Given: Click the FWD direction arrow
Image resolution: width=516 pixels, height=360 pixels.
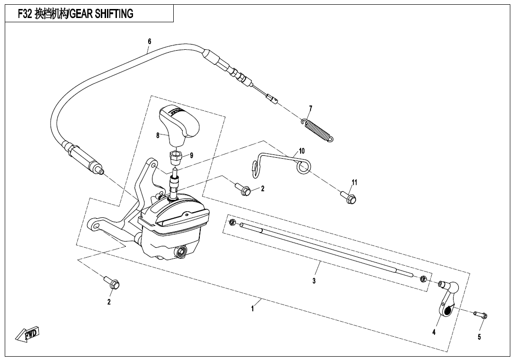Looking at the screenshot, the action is [x=27, y=334].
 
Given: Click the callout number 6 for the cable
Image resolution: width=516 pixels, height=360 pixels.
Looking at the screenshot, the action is [x=150, y=42].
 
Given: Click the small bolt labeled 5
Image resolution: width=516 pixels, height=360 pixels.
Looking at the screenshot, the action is [x=481, y=315].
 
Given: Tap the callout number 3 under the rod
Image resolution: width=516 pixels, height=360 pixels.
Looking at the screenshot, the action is [x=314, y=281].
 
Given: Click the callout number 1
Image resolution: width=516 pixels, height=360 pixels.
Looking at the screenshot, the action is [x=252, y=309].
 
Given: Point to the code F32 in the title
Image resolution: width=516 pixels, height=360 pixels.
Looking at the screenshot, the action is [x=25, y=14].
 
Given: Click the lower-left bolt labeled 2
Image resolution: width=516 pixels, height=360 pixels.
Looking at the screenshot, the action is [x=112, y=282].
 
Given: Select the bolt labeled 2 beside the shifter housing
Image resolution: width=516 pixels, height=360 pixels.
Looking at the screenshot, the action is [x=243, y=189].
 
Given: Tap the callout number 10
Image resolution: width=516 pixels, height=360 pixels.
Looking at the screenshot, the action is [x=302, y=151].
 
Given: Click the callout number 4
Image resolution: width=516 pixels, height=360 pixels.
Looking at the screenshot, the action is [x=434, y=333].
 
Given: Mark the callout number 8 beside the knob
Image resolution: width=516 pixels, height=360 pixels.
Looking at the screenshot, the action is [x=158, y=135].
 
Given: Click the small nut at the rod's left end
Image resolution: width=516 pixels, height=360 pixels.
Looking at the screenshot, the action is [x=231, y=222].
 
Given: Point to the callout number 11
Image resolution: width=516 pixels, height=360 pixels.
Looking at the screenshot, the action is [x=354, y=182].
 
